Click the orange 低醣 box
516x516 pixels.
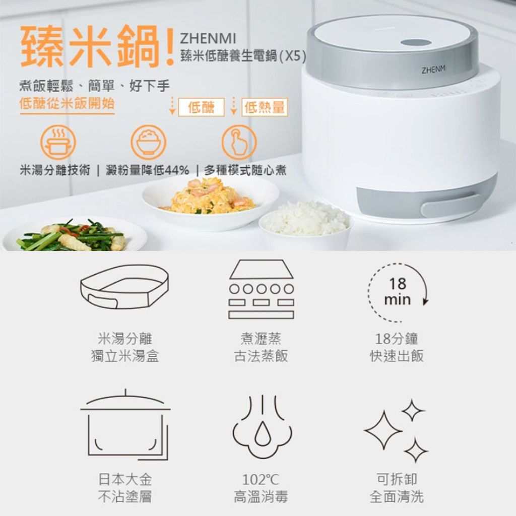point(201,107)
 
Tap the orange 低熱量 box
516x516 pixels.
point(265,107)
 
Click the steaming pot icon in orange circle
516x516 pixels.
point(58,143)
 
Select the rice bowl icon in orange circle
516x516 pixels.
point(149,143)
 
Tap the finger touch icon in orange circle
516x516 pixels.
point(239,143)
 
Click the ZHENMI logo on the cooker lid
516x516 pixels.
point(433,69)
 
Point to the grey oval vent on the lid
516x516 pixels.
point(416,43)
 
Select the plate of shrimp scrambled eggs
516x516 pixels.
point(211,203)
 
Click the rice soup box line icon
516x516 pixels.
point(125,287)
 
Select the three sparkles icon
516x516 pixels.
point(396,430)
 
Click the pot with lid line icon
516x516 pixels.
point(125,424)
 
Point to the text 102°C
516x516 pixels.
point(261,480)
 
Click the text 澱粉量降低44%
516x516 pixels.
point(148,170)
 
